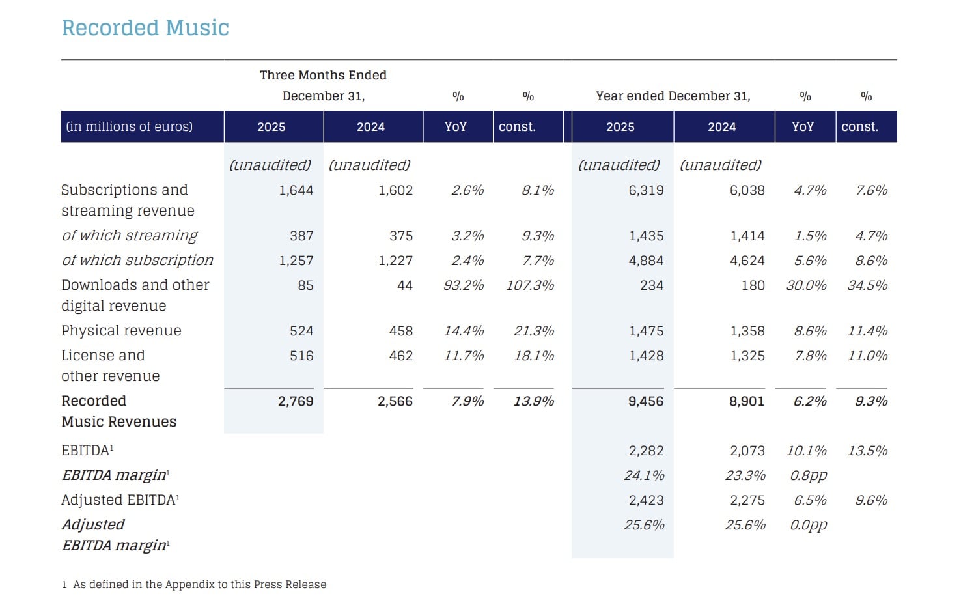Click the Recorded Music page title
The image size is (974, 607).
point(145,28)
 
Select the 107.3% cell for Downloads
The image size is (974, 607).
point(530,285)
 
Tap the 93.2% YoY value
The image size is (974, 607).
point(464,285)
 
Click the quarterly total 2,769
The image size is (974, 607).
point(296,401)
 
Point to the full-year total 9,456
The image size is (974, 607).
point(646,401)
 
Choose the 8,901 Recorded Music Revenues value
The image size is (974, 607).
point(747,401)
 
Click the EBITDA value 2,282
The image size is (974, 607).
point(646,451)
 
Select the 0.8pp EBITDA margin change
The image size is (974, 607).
point(808,475)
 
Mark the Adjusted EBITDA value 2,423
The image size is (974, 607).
point(646,500)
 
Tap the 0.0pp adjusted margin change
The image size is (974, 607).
point(808,525)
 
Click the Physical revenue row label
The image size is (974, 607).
point(121,331)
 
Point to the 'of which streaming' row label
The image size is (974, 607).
point(130,236)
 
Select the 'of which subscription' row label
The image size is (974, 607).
point(137,261)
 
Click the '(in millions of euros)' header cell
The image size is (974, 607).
point(129,127)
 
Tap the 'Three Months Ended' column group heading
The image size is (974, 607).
point(323,76)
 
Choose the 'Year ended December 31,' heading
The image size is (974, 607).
point(673,96)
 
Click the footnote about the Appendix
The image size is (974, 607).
point(194,584)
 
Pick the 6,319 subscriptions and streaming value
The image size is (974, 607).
point(646,190)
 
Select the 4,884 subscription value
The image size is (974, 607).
point(646,261)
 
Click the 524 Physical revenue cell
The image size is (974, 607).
point(301,331)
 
